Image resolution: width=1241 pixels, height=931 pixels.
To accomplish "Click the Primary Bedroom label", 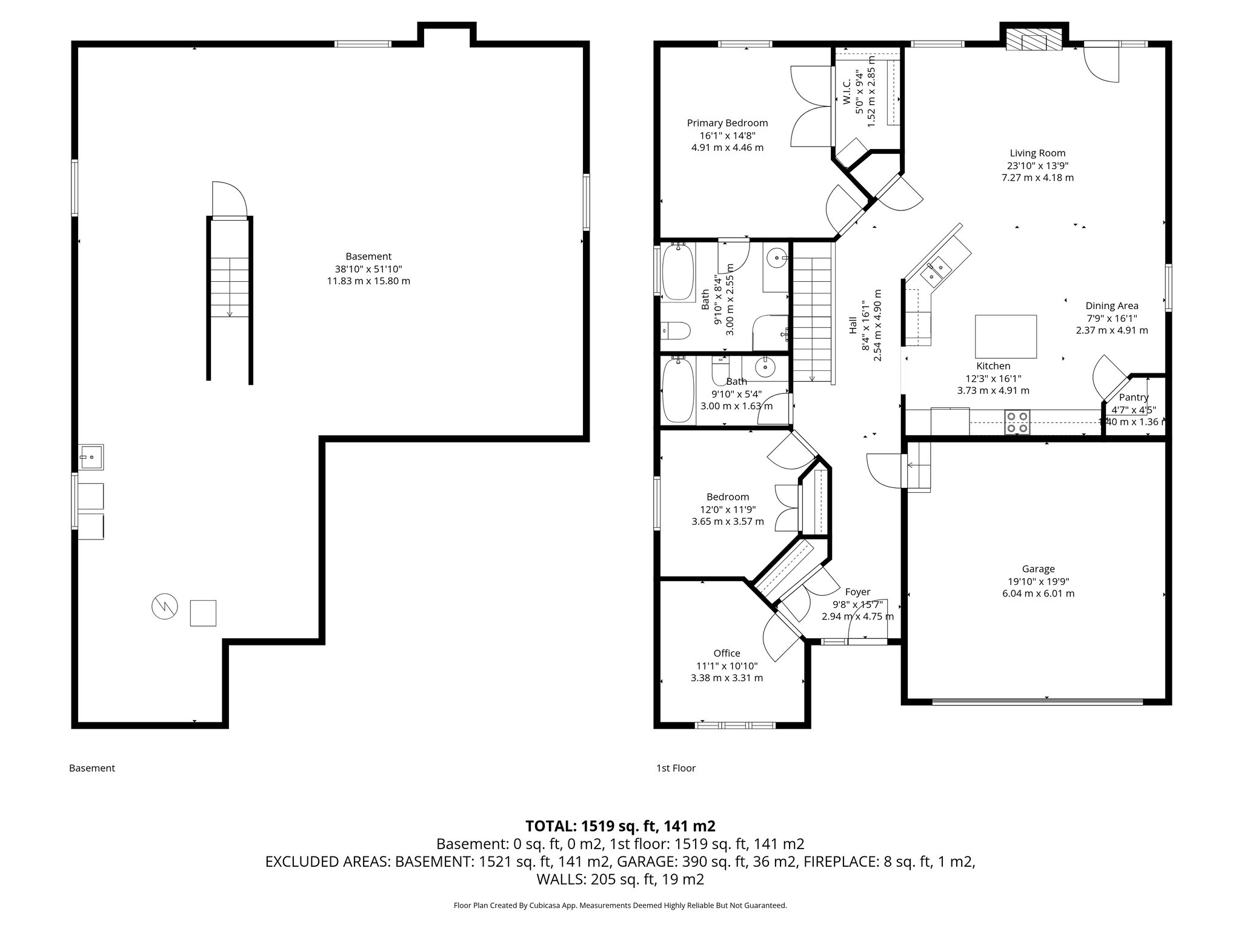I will tap(727, 123).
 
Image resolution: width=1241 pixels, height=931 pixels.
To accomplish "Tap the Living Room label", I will tap(1037, 153).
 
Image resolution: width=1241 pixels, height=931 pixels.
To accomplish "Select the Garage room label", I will tap(1038, 569).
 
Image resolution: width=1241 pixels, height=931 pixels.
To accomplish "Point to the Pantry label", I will tap(1133, 397).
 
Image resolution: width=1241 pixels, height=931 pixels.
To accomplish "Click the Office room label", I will tap(727, 653).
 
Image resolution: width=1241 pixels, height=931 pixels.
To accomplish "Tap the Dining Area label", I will tap(1111, 306).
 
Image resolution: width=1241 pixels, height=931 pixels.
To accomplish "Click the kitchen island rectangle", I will tap(1005, 336).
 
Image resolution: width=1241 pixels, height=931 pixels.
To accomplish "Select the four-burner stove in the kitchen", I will tap(1017, 422).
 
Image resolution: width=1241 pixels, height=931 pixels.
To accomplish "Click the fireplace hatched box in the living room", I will tap(1034, 41).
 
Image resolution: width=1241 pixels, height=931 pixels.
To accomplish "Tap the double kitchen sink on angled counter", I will tap(935, 271).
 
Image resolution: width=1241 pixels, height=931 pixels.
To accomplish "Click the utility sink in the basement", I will tap(91, 457).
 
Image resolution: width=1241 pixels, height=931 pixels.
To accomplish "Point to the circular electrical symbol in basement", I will tap(164, 606).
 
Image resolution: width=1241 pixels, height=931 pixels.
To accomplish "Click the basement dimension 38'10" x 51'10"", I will tap(368, 269).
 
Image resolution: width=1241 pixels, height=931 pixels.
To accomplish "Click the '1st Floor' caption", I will tap(676, 768).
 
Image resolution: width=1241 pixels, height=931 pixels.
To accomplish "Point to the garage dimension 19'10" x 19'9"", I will tap(1038, 581).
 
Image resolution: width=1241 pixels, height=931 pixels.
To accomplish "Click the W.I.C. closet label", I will tap(847, 90).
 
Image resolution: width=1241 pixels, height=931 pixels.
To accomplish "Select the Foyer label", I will tap(857, 592).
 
